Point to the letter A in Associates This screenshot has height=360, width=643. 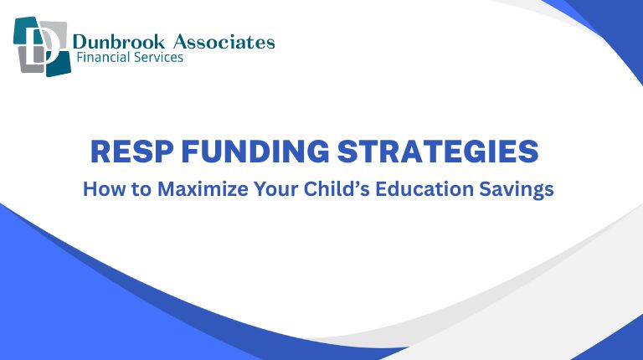[x=177, y=42]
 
